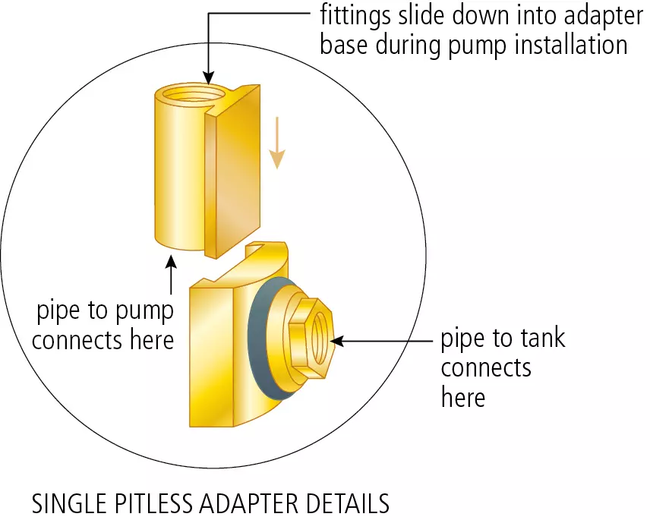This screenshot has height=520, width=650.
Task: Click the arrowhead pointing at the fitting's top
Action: coord(207,77)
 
